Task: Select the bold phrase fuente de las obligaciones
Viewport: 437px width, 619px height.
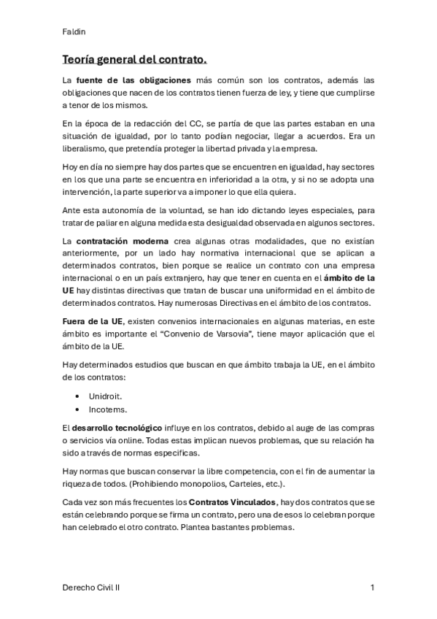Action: (x=134, y=80)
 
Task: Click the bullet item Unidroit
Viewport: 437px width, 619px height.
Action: (x=106, y=395)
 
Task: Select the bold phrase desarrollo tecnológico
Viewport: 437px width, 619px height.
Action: (x=115, y=426)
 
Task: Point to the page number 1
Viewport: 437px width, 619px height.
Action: (x=372, y=587)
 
